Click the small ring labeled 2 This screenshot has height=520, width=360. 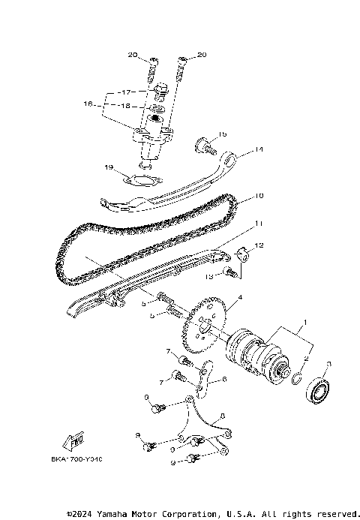pos(298,374)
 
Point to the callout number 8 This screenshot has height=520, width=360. pos(223,414)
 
